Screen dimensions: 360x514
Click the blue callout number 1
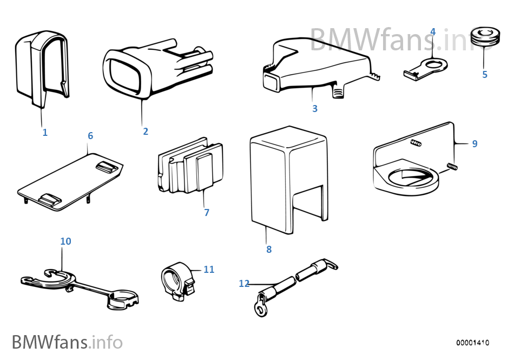[x=45, y=132]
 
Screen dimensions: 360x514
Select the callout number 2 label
[x=146, y=131]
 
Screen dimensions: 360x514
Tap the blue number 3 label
[x=315, y=109]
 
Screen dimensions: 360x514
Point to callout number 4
[x=433, y=32]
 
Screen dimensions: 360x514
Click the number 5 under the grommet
[x=485, y=75]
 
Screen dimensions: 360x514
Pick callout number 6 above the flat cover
[x=90, y=135]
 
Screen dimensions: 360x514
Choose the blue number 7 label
[x=207, y=213]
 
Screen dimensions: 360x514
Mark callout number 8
[x=269, y=250]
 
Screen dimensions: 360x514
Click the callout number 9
[x=475, y=143]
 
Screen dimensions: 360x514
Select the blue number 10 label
[x=65, y=241]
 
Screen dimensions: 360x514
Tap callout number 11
[x=209, y=269]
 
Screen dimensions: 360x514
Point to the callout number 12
[x=245, y=283]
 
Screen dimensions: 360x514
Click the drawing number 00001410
[x=472, y=343]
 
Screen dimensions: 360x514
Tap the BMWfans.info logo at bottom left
[x=67, y=342]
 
